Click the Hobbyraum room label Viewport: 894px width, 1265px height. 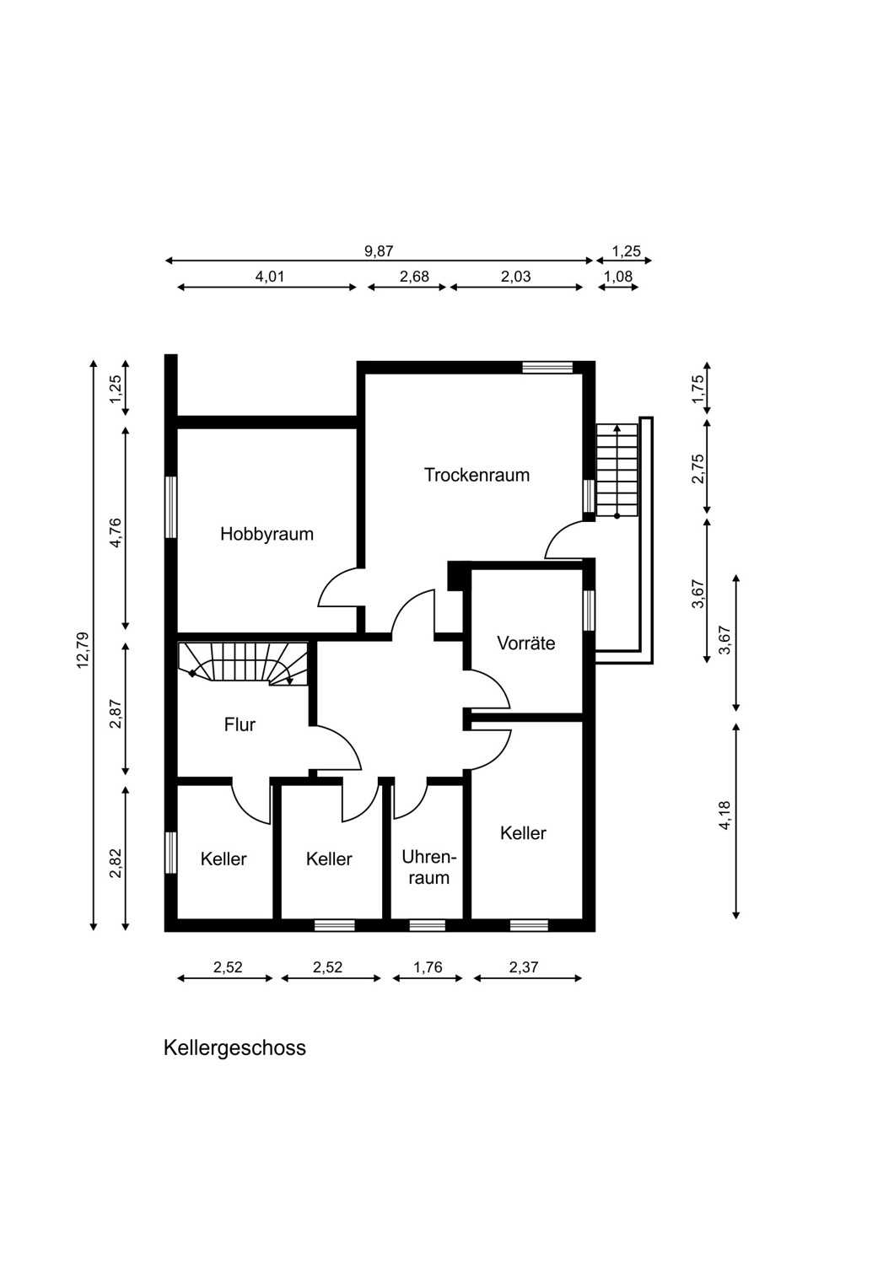coord(267,534)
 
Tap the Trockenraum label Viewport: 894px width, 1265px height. coord(477,475)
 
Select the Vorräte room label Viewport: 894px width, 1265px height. coord(525,643)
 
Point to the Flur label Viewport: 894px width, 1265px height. coord(240,724)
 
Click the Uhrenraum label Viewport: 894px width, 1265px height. coord(428,868)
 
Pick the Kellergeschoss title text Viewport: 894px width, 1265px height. coord(234,1047)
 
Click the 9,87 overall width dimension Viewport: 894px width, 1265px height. coord(379,251)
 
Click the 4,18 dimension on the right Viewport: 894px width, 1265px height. coord(725,815)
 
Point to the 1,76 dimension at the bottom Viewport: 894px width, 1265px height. coord(428,967)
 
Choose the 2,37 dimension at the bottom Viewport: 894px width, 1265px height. coord(524,967)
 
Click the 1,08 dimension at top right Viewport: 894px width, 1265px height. coord(618,277)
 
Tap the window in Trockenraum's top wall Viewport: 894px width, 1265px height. coord(547,367)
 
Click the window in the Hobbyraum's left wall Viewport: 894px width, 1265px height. coord(170,507)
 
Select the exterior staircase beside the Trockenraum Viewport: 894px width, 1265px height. coord(617,470)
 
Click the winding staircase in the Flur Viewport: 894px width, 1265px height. coord(243,664)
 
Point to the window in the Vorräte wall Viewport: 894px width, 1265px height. coord(589,610)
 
